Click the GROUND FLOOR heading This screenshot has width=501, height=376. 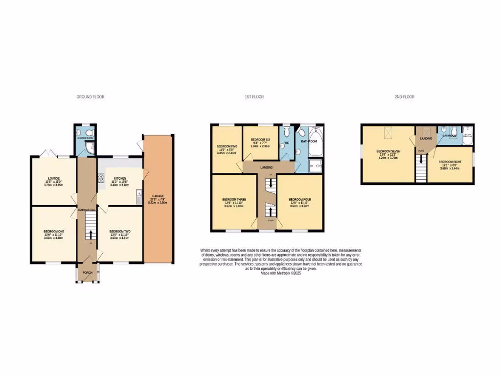(x=90, y=97)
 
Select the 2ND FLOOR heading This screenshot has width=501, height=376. (x=405, y=97)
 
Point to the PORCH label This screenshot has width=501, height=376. (x=87, y=273)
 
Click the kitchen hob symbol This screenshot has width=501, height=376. (x=101, y=179)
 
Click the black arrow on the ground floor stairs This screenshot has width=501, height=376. (x=91, y=232)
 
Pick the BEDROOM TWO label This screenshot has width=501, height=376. (x=120, y=231)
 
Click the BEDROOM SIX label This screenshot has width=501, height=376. (x=261, y=140)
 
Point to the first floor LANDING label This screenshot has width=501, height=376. (x=267, y=167)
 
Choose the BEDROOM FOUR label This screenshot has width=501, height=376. (x=299, y=200)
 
